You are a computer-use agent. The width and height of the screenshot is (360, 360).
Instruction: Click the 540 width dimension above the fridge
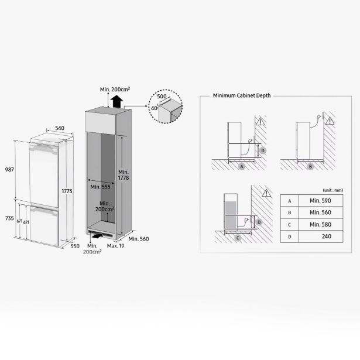tap(60, 128)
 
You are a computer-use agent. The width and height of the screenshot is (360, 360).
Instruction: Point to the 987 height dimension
tap(9, 170)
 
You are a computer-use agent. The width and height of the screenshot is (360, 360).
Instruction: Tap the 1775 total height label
tap(67, 191)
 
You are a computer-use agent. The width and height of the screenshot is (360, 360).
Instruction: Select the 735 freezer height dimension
tap(9, 218)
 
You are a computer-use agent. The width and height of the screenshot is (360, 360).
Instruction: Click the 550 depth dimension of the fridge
tap(75, 246)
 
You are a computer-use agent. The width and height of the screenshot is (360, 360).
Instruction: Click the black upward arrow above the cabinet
tap(116, 102)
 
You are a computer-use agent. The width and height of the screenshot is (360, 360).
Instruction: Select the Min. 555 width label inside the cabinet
tap(100, 187)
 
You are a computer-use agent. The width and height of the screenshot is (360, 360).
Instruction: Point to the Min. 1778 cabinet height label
tap(124, 174)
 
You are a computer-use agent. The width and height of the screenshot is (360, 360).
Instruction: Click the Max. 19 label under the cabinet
tap(115, 246)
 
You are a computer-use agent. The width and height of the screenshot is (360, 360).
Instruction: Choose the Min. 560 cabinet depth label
tap(139, 239)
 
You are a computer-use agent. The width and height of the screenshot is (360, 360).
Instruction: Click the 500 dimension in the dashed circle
tap(162, 97)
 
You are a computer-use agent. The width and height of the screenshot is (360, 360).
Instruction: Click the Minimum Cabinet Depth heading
tap(242, 95)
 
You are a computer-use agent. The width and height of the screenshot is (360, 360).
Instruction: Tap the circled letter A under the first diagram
tap(242, 167)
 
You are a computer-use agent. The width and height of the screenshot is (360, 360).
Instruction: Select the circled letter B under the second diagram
tap(310, 167)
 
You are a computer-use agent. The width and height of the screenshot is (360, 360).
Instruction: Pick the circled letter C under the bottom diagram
tap(238, 238)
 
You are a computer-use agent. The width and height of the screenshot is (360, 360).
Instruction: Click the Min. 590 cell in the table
tap(321, 201)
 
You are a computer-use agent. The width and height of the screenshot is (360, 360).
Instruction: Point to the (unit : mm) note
tap(332, 190)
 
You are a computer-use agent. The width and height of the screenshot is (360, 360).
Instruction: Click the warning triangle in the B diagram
tap(330, 121)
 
